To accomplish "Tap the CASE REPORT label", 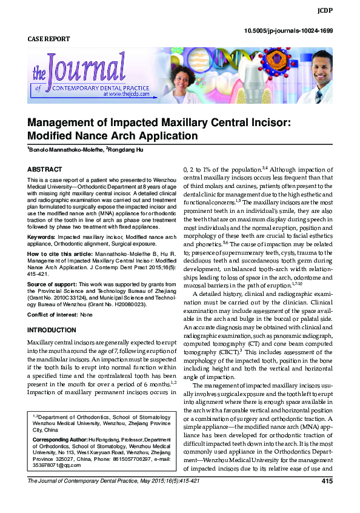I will pos(49,39).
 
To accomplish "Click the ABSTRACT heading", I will pos(44,169).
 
